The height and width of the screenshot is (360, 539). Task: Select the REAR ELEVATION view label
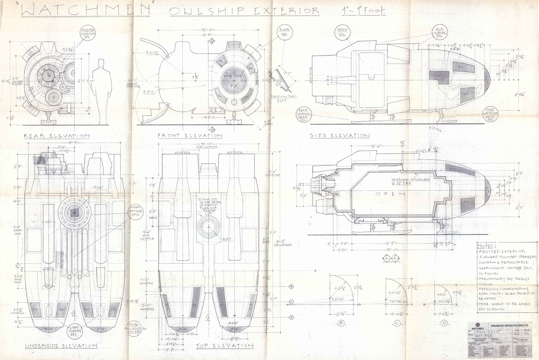click(x=57, y=136)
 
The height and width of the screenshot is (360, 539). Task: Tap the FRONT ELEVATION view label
click(x=190, y=136)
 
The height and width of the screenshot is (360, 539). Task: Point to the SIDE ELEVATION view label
click(x=339, y=135)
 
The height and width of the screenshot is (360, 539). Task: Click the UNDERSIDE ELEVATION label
click(x=61, y=346)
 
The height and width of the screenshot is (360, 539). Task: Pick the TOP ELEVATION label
click(x=224, y=346)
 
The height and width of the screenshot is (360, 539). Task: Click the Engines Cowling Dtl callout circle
click(x=88, y=34)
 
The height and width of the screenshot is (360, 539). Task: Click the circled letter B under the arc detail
click(x=341, y=323)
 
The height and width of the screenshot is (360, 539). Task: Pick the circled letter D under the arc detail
click(x=444, y=323)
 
